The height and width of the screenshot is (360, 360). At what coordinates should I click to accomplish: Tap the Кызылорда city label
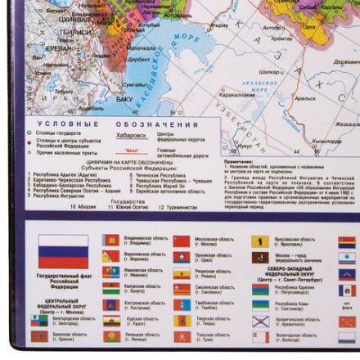point(304,97)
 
